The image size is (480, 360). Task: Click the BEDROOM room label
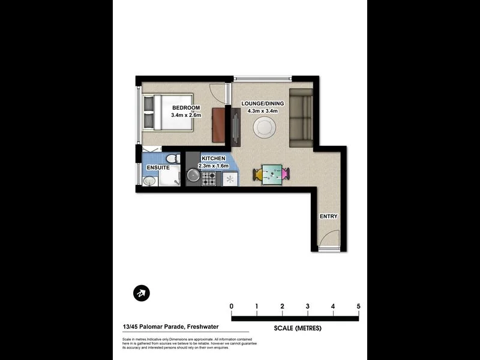point(185,108)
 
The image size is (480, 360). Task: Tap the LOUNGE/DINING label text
point(262,103)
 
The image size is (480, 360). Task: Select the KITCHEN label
point(213,158)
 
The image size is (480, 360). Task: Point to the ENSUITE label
point(158,167)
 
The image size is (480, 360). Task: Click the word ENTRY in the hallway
point(328,217)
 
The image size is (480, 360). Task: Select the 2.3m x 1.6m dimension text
point(213,165)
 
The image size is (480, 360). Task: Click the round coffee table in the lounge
point(265,127)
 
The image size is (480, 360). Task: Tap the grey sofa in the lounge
point(301,118)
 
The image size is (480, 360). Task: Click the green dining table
point(272,175)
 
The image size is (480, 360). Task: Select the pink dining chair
point(285,175)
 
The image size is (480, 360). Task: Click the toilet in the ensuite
point(172,159)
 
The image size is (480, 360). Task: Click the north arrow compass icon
point(141,293)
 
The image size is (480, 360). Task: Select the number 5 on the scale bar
point(358,307)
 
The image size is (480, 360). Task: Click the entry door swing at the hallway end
point(326,244)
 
